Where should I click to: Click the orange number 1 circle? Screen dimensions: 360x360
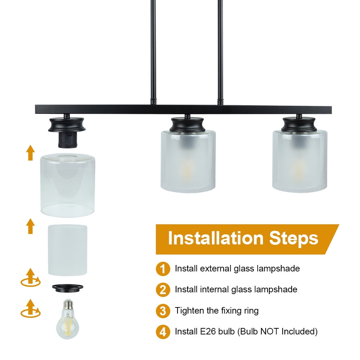pos(163,269)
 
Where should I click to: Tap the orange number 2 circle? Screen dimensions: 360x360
pos(163,289)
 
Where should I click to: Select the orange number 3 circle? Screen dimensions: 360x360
pos(163,311)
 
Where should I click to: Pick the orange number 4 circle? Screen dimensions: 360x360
pos(163,332)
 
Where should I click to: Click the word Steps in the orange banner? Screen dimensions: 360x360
pos(294,239)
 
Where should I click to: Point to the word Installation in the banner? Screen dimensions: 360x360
pos(216,238)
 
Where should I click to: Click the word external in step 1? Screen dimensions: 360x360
pos(216,269)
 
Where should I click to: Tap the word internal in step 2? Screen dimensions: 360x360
pos(214,289)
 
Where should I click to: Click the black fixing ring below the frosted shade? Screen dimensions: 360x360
pos(68,288)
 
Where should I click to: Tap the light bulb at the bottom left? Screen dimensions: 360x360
pos(68,319)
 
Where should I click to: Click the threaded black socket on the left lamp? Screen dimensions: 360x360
pos(68,140)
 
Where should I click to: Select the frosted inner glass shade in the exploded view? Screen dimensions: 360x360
pos(68,250)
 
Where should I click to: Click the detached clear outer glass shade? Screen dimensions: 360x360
pos(68,185)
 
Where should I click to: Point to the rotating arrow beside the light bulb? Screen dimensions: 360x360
pos(31,309)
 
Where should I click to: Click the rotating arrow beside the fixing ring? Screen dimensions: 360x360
pos(31,278)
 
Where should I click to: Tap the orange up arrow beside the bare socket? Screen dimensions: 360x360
pos(30,153)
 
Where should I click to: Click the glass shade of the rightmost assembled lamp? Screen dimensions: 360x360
pos(300,161)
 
